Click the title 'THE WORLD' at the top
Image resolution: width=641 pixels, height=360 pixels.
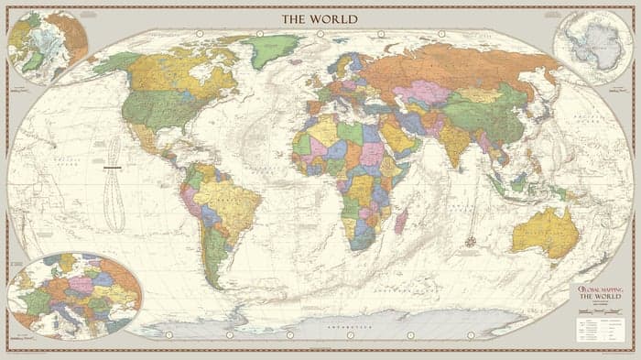coord(320,18)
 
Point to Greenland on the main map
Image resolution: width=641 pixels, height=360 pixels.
coord(270,50)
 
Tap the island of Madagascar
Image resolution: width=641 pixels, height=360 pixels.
coord(399,221)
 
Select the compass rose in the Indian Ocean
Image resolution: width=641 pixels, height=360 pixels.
coord(471,242)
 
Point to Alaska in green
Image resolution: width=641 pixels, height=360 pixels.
coord(116,63)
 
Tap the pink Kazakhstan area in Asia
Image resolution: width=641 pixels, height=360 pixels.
coord(421,93)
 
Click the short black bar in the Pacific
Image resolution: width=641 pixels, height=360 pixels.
coord(114,169)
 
